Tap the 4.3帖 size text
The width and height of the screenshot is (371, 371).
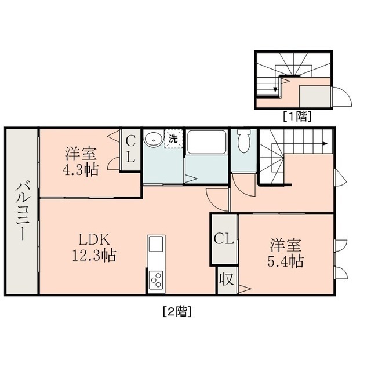[81, 170]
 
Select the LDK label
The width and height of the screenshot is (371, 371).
[94, 239]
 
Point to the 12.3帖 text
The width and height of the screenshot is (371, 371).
[94, 255]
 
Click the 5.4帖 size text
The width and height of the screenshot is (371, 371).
[286, 261]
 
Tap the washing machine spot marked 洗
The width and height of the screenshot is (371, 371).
[173, 139]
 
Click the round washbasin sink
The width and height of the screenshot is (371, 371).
[153, 140]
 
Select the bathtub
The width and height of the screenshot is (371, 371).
[206, 142]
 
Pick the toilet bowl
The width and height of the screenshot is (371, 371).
[243, 140]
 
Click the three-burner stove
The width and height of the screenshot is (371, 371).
[156, 280]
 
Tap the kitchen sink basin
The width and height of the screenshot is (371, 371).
[156, 244]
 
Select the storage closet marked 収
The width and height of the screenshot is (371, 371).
[227, 280]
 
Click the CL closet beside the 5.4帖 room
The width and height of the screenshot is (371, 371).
[224, 239]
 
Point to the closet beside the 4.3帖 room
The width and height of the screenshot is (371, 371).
[130, 150]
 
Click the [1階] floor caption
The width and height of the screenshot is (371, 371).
[297, 116]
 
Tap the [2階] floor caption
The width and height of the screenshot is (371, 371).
[177, 312]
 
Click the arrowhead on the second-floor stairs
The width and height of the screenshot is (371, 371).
[326, 143]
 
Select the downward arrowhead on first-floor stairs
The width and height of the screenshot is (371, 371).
[275, 90]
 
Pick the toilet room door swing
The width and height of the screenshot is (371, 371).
[243, 185]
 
